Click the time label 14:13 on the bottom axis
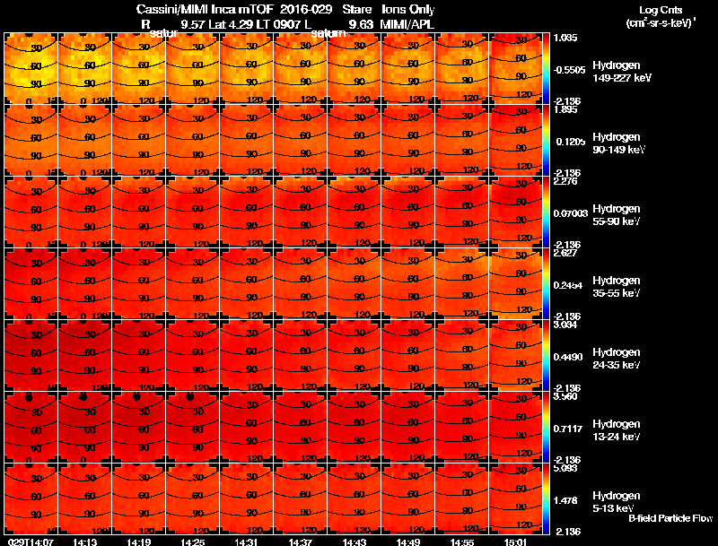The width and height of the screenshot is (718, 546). point(84,542)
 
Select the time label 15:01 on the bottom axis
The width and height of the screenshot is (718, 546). point(515,542)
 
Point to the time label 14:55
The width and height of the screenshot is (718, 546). point(461,542)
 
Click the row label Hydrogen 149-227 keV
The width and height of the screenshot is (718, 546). point(617,72)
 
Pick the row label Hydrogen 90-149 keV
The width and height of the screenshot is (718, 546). point(617,143)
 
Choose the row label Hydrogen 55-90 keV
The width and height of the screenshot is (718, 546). point(617,213)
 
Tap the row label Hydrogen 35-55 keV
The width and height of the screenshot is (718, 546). point(617,286)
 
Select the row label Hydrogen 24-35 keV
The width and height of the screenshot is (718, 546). point(617,358)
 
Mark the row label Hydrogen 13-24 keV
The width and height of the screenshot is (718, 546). point(617,429)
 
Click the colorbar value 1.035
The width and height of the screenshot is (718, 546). point(565,38)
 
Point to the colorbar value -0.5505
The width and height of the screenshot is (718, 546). point(569,69)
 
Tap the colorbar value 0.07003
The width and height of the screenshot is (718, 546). point(570,212)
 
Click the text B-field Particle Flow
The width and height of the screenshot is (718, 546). point(670,518)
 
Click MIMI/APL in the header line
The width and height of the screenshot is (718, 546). point(409,24)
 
